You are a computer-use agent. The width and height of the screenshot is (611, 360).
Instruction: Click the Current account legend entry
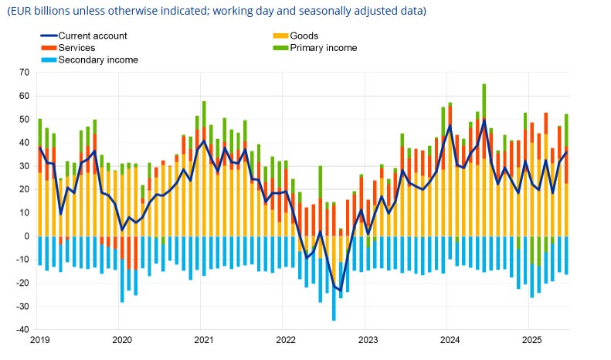(93, 36)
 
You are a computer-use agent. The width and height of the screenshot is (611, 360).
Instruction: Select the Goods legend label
(305, 36)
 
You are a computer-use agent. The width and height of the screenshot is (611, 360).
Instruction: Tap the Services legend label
(76, 48)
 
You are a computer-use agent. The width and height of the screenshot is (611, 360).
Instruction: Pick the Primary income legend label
(324, 48)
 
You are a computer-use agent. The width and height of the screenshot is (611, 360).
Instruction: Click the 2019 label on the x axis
(40, 340)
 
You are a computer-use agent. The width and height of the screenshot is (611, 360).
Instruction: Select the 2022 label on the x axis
(286, 340)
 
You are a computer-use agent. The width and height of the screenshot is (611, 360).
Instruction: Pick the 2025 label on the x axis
(531, 340)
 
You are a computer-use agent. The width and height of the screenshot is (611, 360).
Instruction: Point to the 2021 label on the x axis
(204, 340)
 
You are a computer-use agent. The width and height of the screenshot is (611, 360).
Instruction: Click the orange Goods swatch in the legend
(280, 36)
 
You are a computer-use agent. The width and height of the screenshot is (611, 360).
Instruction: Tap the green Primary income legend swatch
(280, 48)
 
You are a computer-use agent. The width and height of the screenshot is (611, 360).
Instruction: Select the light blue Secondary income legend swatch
(48, 59)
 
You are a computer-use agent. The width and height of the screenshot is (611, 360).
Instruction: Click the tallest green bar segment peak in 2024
(484, 85)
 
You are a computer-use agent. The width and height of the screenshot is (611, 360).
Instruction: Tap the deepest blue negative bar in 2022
(334, 318)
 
